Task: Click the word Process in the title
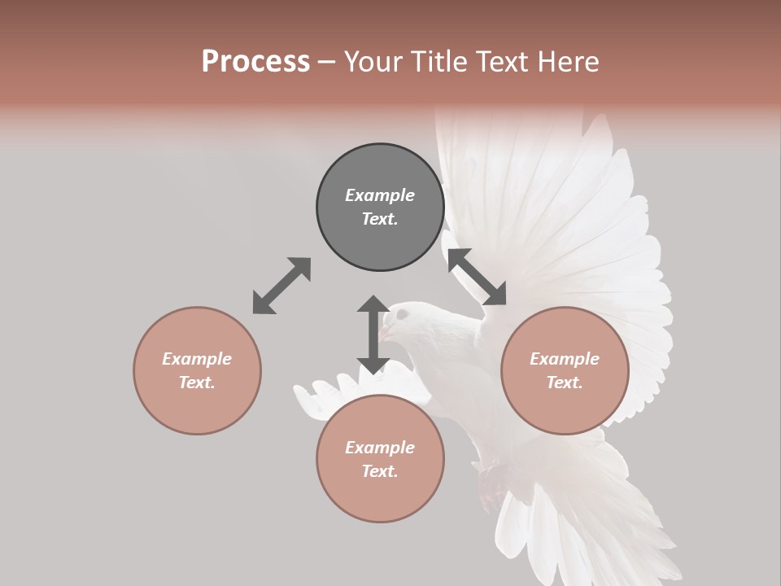pyautogui.click(x=255, y=62)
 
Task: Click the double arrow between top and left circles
pyautogui.click(x=281, y=286)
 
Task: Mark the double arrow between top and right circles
pyautogui.click(x=477, y=277)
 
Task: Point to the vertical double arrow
pyautogui.click(x=373, y=335)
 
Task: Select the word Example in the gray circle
pyautogui.click(x=380, y=195)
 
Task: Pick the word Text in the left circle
pyautogui.click(x=197, y=383)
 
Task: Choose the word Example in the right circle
pyautogui.click(x=565, y=359)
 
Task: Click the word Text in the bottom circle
pyautogui.click(x=380, y=471)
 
